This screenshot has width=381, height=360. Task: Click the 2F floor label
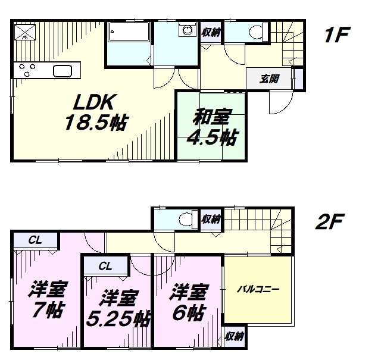point(330,221)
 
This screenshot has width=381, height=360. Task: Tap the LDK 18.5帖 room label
point(95,112)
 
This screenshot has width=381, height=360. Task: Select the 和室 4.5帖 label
point(211,127)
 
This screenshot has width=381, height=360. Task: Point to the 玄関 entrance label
point(269,79)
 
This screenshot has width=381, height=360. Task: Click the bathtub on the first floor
point(129,32)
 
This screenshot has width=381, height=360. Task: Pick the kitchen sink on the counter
point(63,71)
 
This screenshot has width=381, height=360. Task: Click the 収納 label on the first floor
point(211,32)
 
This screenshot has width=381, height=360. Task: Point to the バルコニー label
point(258,290)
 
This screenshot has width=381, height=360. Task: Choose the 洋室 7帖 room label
point(48,299)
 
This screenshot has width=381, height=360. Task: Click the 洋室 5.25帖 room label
point(118,308)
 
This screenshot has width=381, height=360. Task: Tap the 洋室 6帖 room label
point(188,302)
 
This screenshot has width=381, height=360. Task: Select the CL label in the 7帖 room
point(35,240)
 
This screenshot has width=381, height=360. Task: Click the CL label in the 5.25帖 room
point(105,267)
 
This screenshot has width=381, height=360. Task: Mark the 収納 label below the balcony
point(234,336)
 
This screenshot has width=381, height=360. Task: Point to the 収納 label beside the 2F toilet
point(211,219)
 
